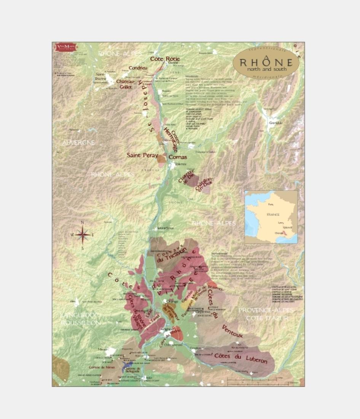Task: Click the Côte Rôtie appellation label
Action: (x=165, y=59)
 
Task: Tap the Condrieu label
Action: (x=138, y=68)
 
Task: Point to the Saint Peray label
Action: (x=142, y=155)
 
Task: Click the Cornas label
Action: (x=177, y=157)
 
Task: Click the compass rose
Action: (x=83, y=235)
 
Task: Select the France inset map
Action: (x=271, y=217)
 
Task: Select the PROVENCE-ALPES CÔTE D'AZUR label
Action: (x=266, y=314)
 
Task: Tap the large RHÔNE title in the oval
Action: (x=266, y=62)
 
